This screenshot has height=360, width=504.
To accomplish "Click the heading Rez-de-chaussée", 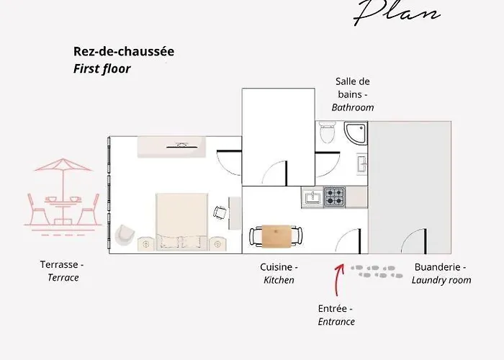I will coord(124,52).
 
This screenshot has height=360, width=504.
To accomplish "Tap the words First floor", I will coord(102,69).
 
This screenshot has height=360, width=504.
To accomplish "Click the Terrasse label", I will coord(61,264).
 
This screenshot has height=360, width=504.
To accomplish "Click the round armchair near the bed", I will coord(124,233).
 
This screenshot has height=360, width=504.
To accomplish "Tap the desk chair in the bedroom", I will coord(219,212).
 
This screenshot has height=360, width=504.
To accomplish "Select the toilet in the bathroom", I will coord(327,132).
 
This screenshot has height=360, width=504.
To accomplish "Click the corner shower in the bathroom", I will coord(355,133).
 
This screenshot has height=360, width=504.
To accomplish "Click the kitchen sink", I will coord(312,196).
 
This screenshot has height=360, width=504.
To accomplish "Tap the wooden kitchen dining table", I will coord(276,235).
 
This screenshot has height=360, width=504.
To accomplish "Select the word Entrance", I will coord(336,322).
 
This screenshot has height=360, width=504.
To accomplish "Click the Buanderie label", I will coord(439,266).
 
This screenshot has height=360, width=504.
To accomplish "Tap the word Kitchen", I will coord(279,280).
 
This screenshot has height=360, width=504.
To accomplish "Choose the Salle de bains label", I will coord(352,88).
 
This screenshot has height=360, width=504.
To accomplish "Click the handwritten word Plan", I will coord(397,13).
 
